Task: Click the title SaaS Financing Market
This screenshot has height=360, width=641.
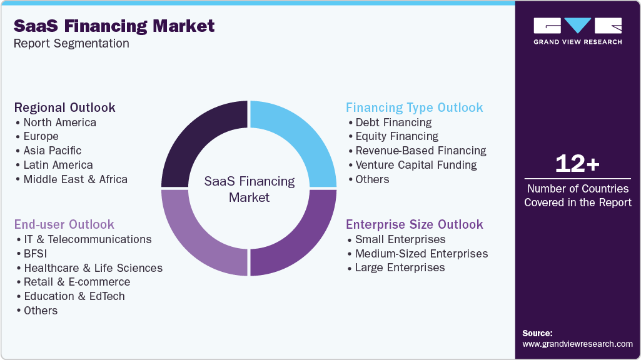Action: pos(114,26)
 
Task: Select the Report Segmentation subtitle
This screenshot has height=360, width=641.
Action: pos(72,44)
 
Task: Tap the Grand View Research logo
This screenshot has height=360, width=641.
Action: pos(577,31)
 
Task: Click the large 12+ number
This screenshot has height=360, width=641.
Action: pos(577,164)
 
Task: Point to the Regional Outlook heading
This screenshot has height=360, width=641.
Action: pos(65,107)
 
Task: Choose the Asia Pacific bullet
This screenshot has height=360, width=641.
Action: pos(53,151)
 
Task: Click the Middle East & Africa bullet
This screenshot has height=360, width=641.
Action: pos(75,179)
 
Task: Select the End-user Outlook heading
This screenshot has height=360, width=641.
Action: pos(64,224)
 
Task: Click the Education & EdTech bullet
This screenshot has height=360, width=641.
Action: pos(74,296)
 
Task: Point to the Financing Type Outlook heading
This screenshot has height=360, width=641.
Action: pos(414,107)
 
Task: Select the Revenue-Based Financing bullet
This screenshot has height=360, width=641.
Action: pos(420,151)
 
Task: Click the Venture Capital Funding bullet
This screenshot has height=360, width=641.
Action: pos(416,165)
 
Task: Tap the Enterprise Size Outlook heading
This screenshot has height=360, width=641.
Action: pos(414,224)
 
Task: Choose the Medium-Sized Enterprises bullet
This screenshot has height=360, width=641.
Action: pos(421,254)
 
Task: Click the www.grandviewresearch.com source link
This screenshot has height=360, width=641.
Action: pos(577,344)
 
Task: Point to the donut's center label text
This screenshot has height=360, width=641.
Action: pos(250,189)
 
